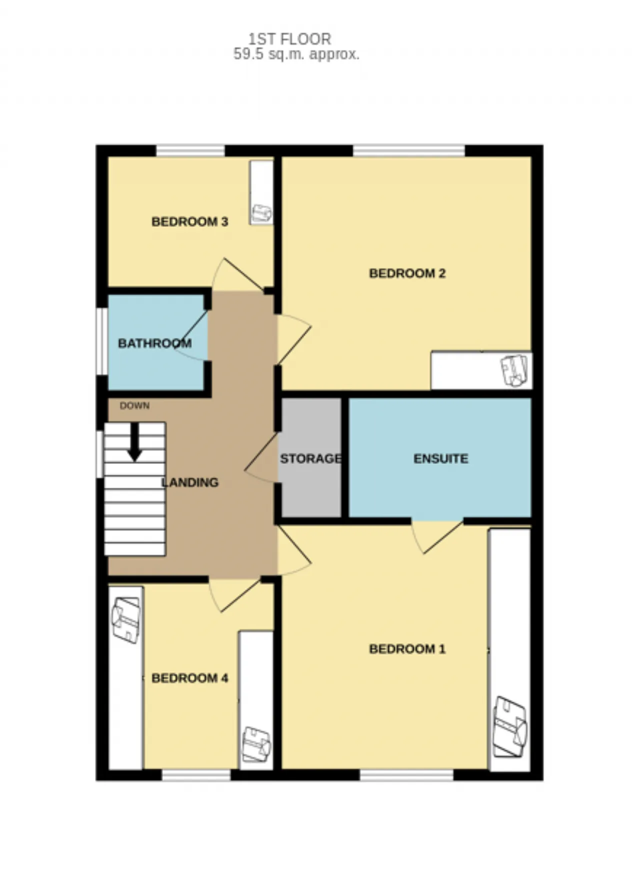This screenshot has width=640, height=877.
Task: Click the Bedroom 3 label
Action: pyautogui.click(x=189, y=221)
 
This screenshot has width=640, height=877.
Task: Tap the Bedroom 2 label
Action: pyautogui.click(x=407, y=273)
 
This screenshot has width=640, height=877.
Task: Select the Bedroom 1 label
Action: pyautogui.click(x=407, y=649)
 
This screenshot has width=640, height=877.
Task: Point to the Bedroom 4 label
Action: pyautogui.click(x=189, y=678)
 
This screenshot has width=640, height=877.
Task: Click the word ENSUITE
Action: pyautogui.click(x=441, y=458)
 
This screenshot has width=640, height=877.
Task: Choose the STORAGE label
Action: pyautogui.click(x=311, y=458)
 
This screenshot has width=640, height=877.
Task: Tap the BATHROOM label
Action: pyautogui.click(x=154, y=343)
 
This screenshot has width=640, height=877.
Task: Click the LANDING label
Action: pyautogui.click(x=190, y=482)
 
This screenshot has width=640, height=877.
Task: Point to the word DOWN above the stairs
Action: pyautogui.click(x=134, y=405)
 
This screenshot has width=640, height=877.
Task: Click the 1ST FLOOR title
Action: pyautogui.click(x=290, y=39)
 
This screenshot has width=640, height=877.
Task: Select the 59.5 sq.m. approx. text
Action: pyautogui.click(x=296, y=54)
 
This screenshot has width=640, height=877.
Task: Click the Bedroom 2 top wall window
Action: pyautogui.click(x=409, y=150)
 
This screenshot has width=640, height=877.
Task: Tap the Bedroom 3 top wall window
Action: pyautogui.click(x=190, y=150)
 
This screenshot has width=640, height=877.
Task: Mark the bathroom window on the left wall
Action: pyautogui.click(x=101, y=341)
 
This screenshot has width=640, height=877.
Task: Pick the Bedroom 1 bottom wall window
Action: pyautogui.click(x=406, y=775)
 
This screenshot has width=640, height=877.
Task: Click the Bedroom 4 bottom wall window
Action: pyautogui.click(x=196, y=775)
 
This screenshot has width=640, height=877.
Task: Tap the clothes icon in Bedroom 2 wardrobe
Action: pyautogui.click(x=514, y=370)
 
